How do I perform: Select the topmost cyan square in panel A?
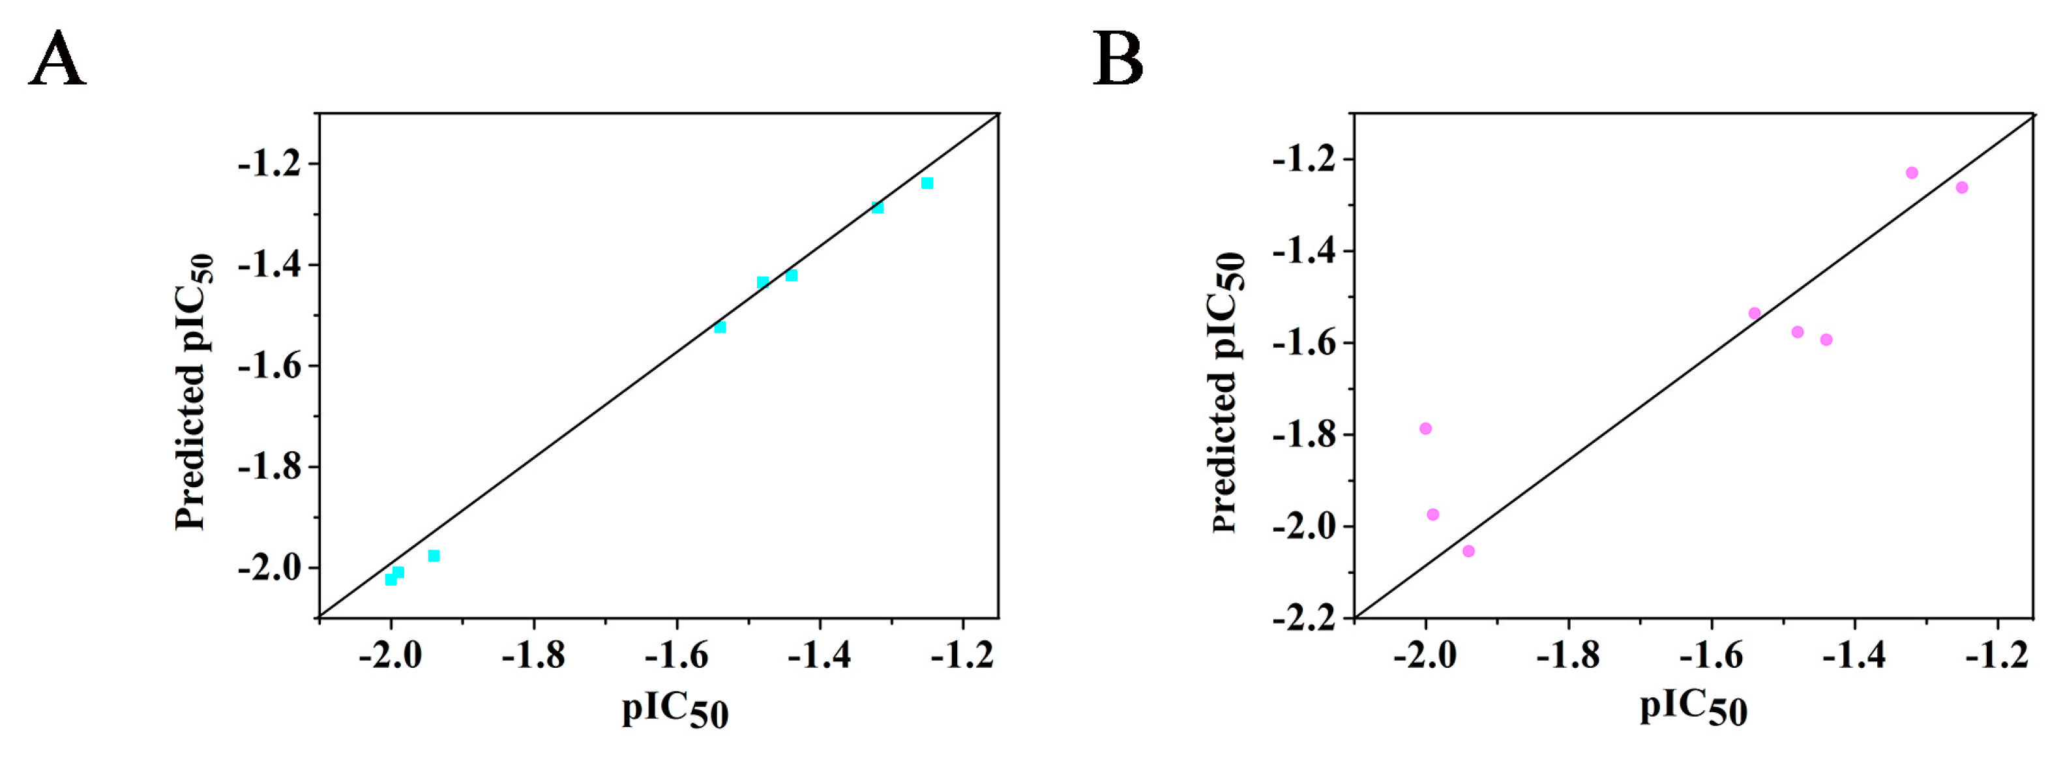click(x=927, y=183)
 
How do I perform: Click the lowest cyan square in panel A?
click(x=391, y=579)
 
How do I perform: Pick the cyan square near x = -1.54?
click(x=720, y=327)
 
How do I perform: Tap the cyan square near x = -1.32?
click(x=878, y=207)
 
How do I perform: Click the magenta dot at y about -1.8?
click(x=1425, y=428)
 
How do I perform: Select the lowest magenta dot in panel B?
click(x=1469, y=551)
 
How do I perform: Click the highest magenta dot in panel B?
click(x=1912, y=173)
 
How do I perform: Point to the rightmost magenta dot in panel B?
click(x=1962, y=187)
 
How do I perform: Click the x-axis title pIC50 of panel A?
click(x=675, y=710)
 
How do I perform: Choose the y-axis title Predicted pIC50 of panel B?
click(x=1227, y=393)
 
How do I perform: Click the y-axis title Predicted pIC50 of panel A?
click(x=194, y=393)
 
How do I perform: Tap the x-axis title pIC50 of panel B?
click(x=1693, y=709)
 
